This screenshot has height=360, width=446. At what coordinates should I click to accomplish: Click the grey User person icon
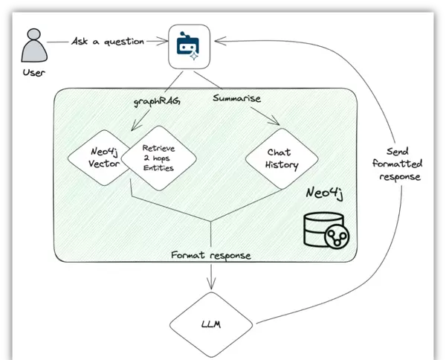pyautogui.click(x=31, y=48)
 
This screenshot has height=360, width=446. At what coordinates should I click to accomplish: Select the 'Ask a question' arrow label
pyautogui.click(x=108, y=42)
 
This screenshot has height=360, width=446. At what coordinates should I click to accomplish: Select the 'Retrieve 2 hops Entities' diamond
pyautogui.click(x=158, y=158)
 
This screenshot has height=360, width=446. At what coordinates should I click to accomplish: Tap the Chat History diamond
pyautogui.click(x=282, y=158)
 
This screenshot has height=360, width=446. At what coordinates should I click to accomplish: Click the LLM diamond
pyautogui.click(x=212, y=325)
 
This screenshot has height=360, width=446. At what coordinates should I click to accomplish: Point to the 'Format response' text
pyautogui.click(x=211, y=256)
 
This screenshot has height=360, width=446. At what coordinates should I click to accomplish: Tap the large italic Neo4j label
pyautogui.click(x=328, y=193)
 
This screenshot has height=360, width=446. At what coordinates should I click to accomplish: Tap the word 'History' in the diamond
pyautogui.click(x=282, y=164)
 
